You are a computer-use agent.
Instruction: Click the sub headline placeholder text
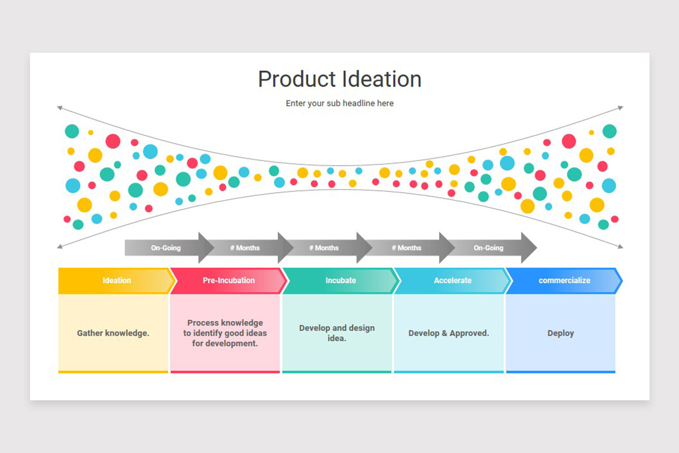click(x=339, y=103)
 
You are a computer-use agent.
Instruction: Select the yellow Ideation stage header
click(x=117, y=280)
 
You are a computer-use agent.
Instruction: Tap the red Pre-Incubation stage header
click(x=229, y=280)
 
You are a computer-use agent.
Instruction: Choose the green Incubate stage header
click(x=341, y=280)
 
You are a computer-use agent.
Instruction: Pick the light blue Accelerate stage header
click(x=452, y=280)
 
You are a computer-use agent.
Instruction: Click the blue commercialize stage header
click(x=564, y=280)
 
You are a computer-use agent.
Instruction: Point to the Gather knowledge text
click(x=113, y=333)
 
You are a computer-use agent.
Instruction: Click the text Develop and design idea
click(x=337, y=333)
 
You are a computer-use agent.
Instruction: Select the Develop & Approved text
click(x=449, y=333)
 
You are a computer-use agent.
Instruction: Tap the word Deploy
click(x=561, y=333)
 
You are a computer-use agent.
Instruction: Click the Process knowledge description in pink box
click(x=225, y=333)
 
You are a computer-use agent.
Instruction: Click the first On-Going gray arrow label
click(x=166, y=248)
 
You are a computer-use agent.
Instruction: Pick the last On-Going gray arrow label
click(x=488, y=248)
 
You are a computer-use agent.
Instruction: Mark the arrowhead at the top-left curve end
click(x=59, y=107)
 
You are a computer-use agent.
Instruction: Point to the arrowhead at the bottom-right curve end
click(x=621, y=246)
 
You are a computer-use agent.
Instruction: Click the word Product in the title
click(x=298, y=79)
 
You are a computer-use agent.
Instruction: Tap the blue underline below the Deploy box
click(x=561, y=372)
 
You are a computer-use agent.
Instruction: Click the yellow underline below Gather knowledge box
click(x=113, y=372)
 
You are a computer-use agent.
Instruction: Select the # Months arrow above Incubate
click(x=324, y=248)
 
